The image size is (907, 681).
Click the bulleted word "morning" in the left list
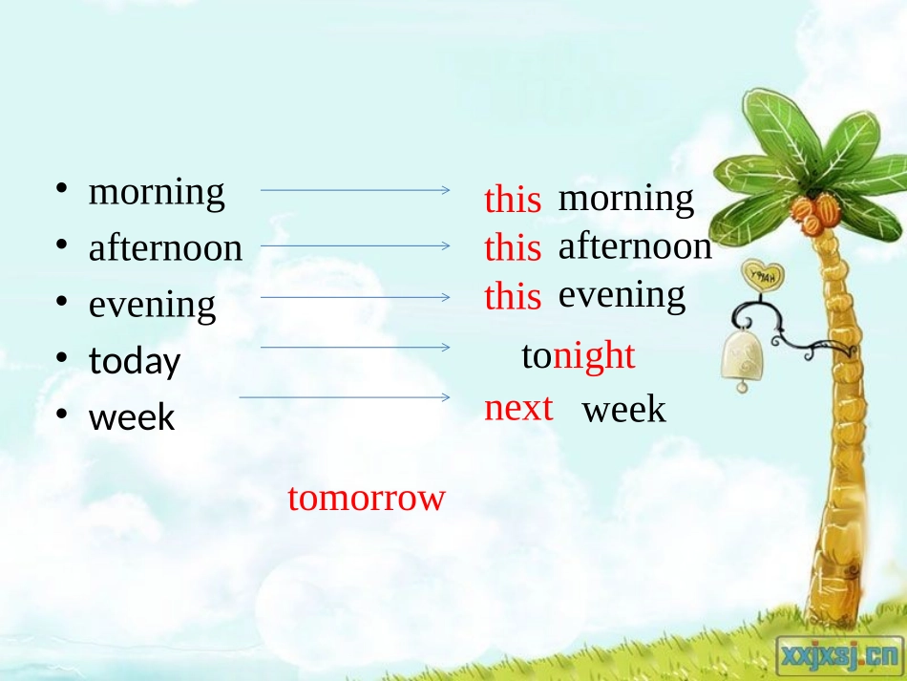click(157, 193)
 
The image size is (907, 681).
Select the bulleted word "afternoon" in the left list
click(165, 248)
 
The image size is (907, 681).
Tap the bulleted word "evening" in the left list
click(152, 306)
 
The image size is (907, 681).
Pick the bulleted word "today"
click(135, 362)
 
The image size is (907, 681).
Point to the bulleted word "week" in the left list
click(132, 417)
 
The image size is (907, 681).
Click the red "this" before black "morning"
click(513, 201)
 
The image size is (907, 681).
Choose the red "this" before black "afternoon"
click(513, 248)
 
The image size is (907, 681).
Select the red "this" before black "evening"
click(513, 297)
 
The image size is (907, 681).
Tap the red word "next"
click(518, 408)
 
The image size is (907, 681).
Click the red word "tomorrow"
click(367, 498)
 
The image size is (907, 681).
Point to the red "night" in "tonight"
click(594, 356)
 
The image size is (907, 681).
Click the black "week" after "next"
click(623, 411)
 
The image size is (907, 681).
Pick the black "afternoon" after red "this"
click(635, 246)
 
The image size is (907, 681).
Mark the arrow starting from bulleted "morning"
click(354, 190)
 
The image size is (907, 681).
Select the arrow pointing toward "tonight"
click(354, 348)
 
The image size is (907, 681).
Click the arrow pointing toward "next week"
click(344, 396)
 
